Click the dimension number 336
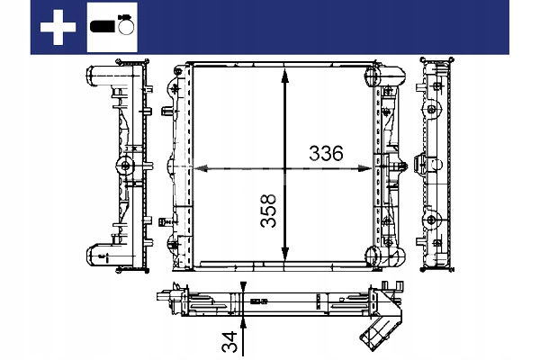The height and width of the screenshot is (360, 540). (x=326, y=153)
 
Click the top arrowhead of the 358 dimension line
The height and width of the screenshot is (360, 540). (x=286, y=74)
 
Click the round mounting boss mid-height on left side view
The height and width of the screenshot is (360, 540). (x=126, y=166)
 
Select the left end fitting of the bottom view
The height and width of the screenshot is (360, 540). (x=167, y=299)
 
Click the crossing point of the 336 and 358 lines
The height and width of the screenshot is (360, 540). (x=286, y=168)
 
